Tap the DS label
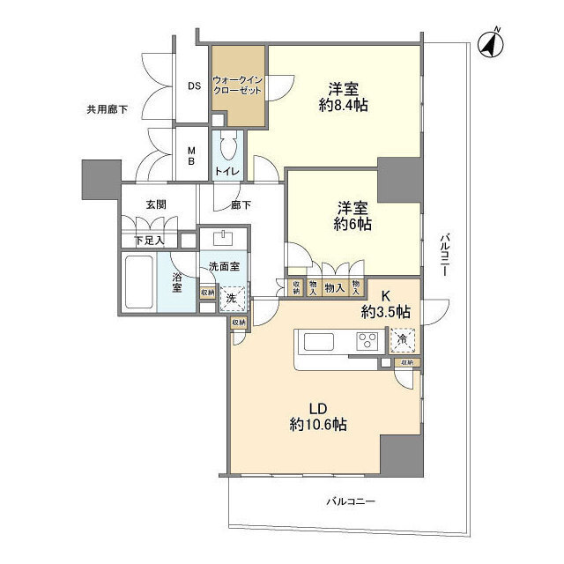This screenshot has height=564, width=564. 194,85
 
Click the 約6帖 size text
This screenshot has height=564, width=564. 352,225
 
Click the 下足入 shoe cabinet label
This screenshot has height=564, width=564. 148,240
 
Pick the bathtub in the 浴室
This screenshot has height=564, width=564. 139,283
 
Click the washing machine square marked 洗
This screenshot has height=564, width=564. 231,298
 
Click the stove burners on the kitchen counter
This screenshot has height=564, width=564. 367,342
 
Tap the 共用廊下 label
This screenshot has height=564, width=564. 107,110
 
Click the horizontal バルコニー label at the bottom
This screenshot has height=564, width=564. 350,501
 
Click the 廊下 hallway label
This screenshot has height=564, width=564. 241,204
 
